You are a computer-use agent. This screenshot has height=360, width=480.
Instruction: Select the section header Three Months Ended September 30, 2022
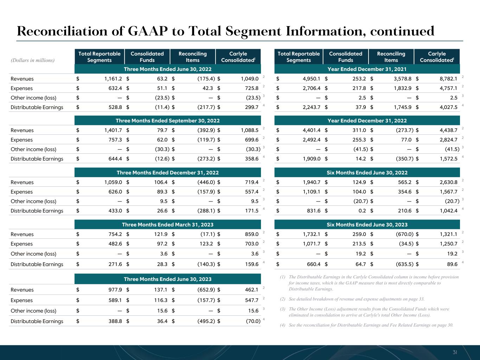click(x=167, y=121)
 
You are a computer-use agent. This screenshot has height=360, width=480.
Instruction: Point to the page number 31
click(x=455, y=352)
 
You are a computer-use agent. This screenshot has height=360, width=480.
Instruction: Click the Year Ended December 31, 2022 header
click(x=367, y=121)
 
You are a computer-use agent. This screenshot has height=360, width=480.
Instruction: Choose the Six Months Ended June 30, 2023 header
click(x=367, y=225)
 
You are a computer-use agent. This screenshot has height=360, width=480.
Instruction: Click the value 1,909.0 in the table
click(x=312, y=159)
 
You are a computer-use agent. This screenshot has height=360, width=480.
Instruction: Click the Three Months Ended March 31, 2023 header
click(x=167, y=225)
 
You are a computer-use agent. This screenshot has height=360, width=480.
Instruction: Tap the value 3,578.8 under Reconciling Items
click(x=402, y=79)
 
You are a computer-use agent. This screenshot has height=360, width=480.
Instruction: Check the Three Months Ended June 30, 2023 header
click(x=167, y=279)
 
